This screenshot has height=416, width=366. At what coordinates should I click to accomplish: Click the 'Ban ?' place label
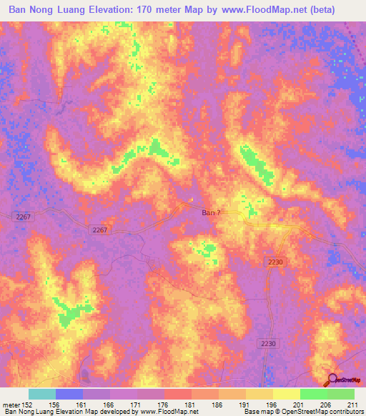[x=210, y=212]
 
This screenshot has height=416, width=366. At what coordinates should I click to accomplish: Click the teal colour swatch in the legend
[x=42, y=394]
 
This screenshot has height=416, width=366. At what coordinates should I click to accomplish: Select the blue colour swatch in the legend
[x=69, y=394]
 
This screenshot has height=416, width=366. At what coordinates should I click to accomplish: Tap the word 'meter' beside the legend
[x=13, y=404]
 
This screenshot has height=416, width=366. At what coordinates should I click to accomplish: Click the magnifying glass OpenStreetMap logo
[x=333, y=380]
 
